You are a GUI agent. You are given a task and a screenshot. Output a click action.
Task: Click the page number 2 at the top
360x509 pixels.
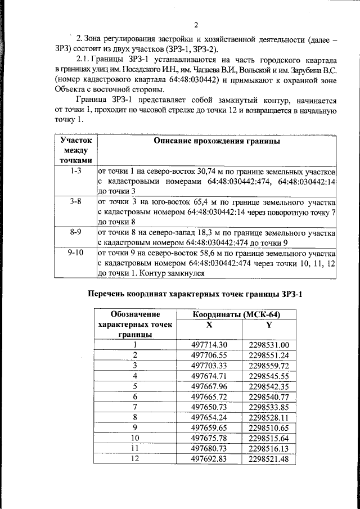(x=197, y=24)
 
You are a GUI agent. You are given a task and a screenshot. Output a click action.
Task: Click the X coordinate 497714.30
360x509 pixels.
(x=209, y=345)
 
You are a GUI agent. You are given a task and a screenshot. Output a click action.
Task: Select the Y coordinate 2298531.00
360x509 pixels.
(x=268, y=345)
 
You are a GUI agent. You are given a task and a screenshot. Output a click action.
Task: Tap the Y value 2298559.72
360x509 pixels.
(x=268, y=365)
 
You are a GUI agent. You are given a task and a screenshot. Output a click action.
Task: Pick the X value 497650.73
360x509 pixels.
(x=209, y=407)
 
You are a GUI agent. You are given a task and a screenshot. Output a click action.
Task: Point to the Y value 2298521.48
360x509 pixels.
(x=268, y=458)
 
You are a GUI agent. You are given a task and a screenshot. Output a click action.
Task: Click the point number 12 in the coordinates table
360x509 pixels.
(x=135, y=458)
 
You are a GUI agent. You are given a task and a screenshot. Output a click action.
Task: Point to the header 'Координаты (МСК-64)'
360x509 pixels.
(x=236, y=314)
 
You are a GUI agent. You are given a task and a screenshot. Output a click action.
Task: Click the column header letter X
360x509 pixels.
(x=209, y=325)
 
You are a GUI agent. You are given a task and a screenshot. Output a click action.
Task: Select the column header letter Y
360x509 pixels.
(x=268, y=325)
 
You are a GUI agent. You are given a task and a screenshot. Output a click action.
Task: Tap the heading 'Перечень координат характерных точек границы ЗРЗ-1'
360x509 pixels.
(x=197, y=294)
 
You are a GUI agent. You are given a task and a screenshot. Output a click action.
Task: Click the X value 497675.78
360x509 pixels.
(x=209, y=438)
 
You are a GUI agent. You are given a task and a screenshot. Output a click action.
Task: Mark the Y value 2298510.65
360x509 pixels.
(x=268, y=427)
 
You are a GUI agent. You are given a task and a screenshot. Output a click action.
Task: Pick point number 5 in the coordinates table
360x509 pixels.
(x=135, y=386)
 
